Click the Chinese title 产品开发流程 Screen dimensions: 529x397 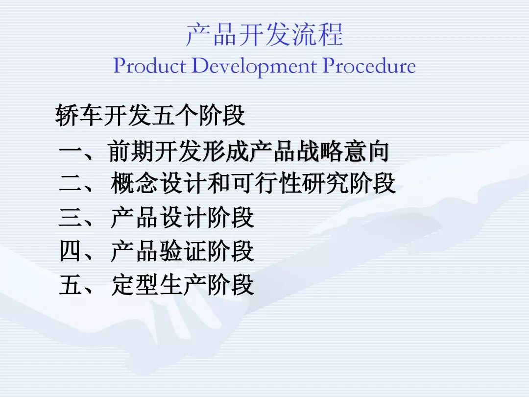264,34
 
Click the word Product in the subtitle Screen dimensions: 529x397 149,66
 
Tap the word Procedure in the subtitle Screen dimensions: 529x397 369,66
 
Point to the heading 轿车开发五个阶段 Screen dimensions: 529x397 150,115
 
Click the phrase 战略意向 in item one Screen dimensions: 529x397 343,151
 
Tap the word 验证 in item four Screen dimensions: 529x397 182,251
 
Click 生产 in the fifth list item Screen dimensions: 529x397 182,285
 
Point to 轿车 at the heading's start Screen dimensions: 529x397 79,115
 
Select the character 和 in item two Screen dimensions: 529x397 218,183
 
